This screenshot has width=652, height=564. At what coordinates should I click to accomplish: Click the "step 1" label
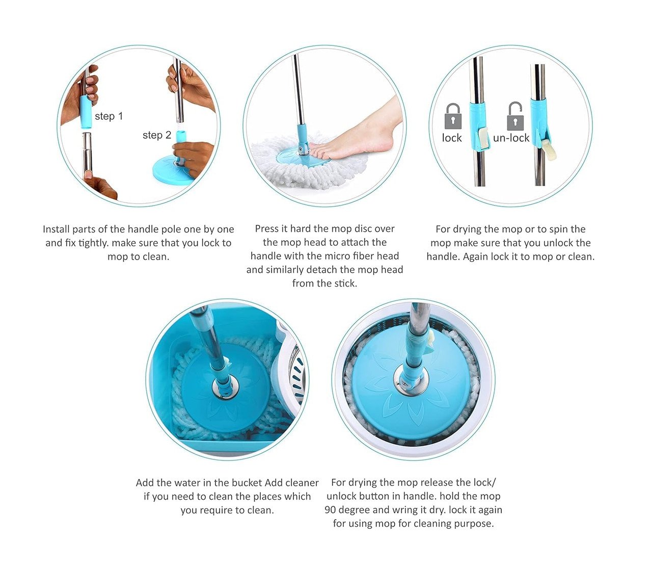tap(109, 116)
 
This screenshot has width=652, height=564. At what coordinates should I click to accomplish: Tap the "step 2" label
tap(157, 135)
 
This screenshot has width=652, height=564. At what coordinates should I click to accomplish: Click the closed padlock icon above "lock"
tap(453, 116)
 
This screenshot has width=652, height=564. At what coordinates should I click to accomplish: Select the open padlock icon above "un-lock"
tap(515, 116)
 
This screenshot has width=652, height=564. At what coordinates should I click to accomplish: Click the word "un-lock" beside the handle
tap(511, 138)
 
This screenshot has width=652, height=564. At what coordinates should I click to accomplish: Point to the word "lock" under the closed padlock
tap(452, 138)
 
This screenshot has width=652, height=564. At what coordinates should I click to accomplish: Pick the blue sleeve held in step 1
tap(86, 112)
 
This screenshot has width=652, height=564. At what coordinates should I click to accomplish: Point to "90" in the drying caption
tap(330, 510)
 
